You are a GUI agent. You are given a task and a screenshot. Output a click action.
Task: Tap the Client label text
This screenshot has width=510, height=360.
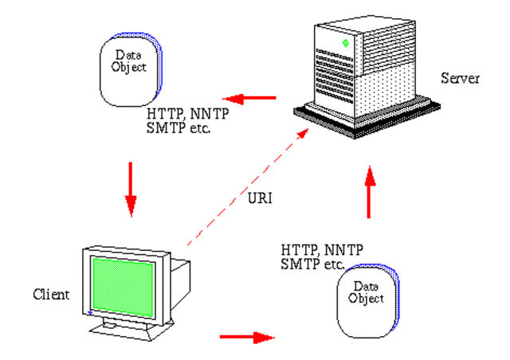(x=51, y=294)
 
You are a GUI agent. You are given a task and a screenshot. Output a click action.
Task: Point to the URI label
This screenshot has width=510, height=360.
(x=260, y=198)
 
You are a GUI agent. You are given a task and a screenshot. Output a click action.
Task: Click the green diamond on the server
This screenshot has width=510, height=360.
(x=344, y=41)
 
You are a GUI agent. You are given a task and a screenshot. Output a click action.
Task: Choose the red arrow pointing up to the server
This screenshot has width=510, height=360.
(x=369, y=192)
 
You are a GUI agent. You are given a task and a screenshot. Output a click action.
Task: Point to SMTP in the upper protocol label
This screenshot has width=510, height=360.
(x=163, y=127)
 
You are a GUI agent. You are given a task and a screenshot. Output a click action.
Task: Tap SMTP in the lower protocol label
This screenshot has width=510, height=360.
(x=296, y=263)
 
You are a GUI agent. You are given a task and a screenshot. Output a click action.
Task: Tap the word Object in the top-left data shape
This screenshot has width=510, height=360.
(x=131, y=68)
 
